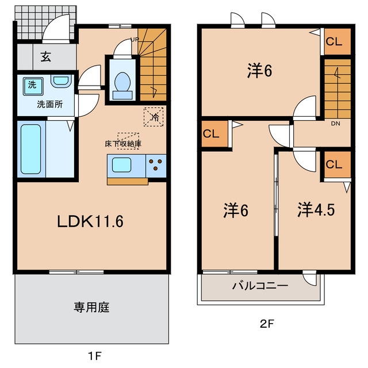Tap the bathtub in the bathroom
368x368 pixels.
pyautogui.click(x=31, y=149)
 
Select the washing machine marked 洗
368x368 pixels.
pyautogui.click(x=33, y=86)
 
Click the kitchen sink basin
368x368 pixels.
pyautogui.click(x=121, y=165)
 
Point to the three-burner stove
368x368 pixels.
pyautogui.click(x=156, y=166)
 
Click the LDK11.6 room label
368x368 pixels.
pyautogui.click(x=90, y=221)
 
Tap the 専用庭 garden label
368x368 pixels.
pyautogui.click(x=91, y=307)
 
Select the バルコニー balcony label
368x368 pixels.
pyautogui.click(x=260, y=286)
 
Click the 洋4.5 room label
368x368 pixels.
pyautogui.click(x=316, y=209)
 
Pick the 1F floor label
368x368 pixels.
pyautogui.click(x=94, y=356)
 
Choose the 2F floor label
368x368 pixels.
pyautogui.click(x=267, y=324)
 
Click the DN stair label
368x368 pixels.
pyautogui.click(x=336, y=124)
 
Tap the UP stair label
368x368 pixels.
pyautogui.click(x=135, y=40)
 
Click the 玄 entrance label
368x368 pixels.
pyautogui.click(x=46, y=56)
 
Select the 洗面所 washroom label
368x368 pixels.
pyautogui.click(x=50, y=105)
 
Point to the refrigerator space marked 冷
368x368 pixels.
pyautogui.click(x=154, y=117)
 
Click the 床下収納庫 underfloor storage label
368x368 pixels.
pyautogui.click(x=123, y=144)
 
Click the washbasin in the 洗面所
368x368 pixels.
pyautogui.click(x=61, y=81)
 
